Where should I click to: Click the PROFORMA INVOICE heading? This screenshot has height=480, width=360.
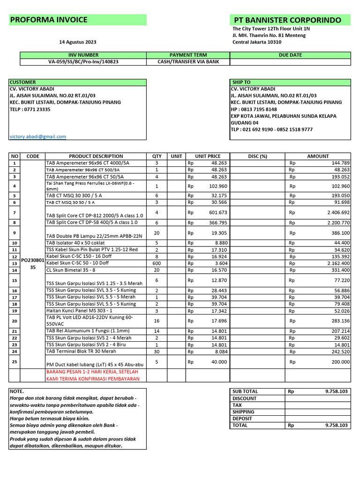49,20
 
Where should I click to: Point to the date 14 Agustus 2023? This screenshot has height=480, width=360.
78,42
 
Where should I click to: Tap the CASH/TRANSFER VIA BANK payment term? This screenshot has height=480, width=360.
188,61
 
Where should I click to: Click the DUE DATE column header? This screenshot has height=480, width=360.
290,55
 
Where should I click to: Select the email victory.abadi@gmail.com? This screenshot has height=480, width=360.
38,136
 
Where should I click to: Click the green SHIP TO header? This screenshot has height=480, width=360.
241,82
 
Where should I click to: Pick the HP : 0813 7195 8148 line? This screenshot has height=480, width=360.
254,109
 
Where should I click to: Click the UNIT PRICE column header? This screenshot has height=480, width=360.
208,156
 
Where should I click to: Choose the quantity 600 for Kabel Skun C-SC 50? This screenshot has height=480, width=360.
157,263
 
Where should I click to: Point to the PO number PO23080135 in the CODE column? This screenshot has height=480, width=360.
33,263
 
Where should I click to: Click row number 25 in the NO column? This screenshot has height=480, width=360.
15,362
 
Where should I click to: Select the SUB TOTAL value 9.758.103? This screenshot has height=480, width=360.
336,391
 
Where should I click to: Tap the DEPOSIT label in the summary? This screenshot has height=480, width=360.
242,419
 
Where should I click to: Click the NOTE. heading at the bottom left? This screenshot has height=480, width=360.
17,391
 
